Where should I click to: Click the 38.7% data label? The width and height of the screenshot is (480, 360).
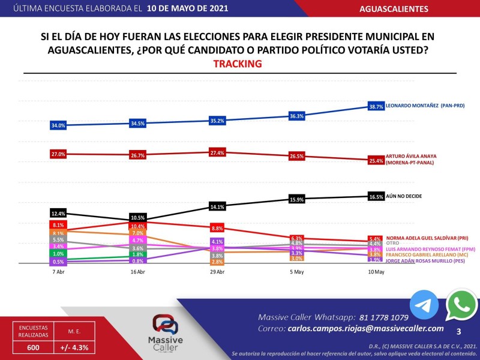376,107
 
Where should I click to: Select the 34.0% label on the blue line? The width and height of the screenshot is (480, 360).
58,125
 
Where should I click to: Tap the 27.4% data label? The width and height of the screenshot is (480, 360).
217,153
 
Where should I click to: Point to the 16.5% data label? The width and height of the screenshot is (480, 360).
376,196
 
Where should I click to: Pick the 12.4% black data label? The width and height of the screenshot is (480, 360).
58,214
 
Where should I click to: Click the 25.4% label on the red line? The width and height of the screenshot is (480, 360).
376,161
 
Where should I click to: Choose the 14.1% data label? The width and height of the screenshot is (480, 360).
217,207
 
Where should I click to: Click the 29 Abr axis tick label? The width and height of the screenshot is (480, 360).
217,272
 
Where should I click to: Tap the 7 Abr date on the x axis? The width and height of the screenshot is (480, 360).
58,272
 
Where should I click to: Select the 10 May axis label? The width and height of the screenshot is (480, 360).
376,272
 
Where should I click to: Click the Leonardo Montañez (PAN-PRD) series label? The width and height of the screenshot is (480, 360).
425,106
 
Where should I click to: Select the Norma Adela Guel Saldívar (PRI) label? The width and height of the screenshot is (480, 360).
427,238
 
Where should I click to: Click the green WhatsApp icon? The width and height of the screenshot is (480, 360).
462,305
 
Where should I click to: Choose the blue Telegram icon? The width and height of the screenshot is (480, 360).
424,305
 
